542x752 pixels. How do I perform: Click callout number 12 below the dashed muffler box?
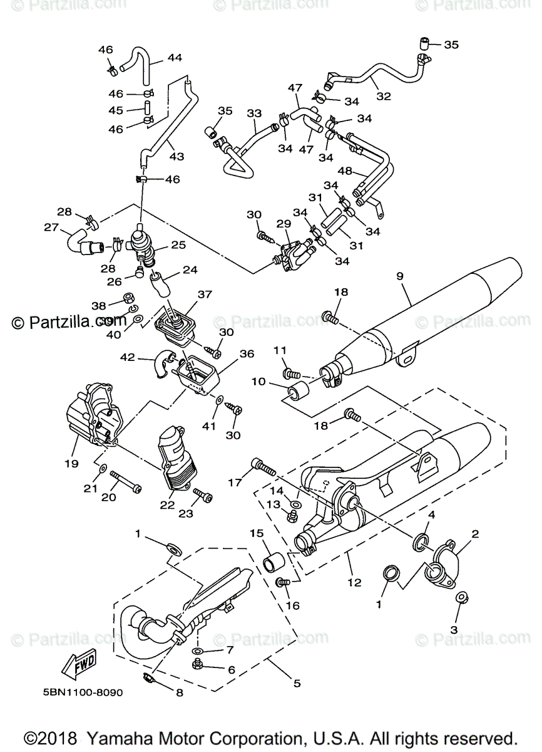click(x=354, y=582)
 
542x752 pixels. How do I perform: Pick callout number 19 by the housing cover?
click(x=71, y=464)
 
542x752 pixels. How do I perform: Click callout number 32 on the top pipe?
click(x=383, y=97)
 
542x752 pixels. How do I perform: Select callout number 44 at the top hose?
click(x=175, y=58)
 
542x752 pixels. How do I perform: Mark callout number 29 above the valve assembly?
click(x=284, y=224)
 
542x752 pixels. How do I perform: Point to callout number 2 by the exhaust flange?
click(x=475, y=535)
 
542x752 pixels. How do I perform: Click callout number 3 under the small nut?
click(x=454, y=629)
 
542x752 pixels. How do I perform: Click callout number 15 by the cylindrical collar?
click(x=256, y=533)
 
